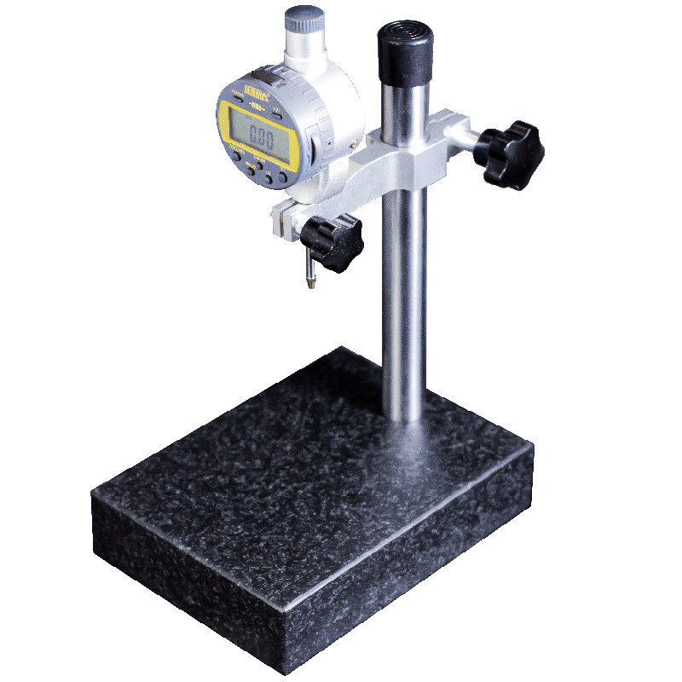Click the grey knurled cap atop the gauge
pyautogui.click(x=304, y=20)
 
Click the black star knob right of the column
pyautogui.click(x=511, y=153)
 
